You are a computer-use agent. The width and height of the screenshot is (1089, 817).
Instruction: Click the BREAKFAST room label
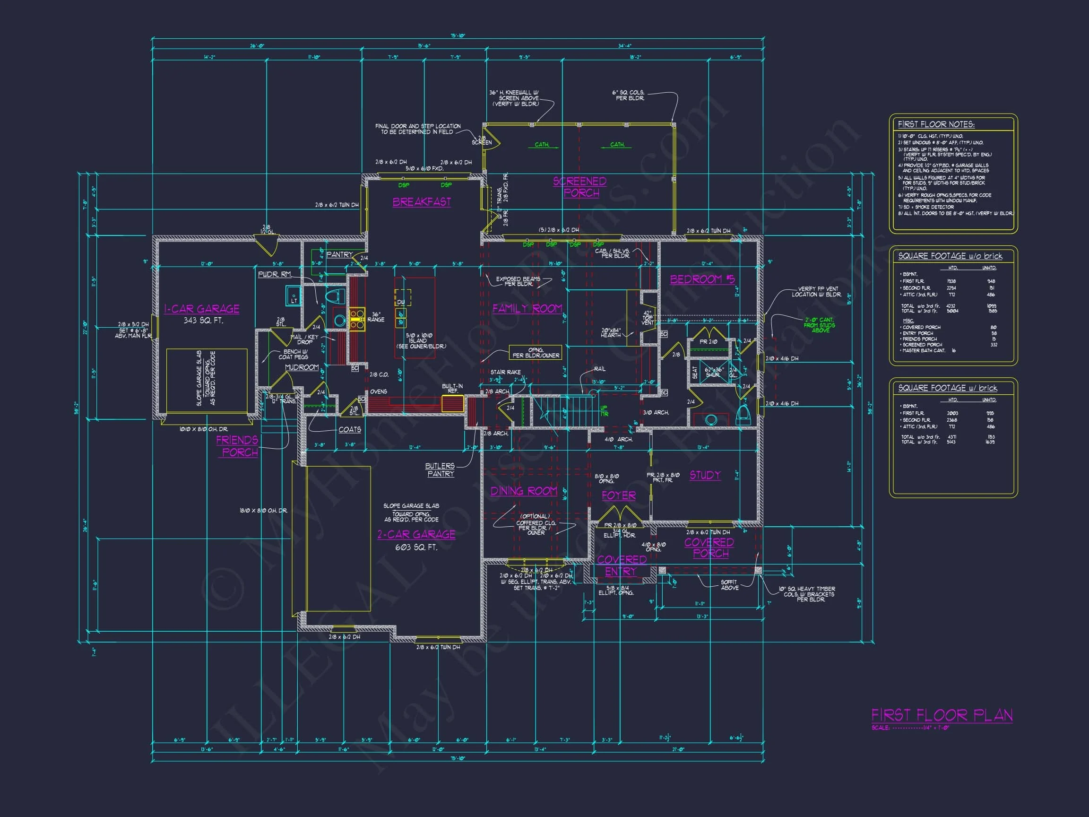point(422,202)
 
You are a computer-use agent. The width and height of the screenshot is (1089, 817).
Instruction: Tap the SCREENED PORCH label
point(580,187)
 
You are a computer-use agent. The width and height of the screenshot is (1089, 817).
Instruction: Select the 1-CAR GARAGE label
point(202,309)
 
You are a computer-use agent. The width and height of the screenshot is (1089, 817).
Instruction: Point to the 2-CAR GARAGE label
point(416,534)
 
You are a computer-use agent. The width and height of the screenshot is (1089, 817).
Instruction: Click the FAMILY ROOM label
point(527,309)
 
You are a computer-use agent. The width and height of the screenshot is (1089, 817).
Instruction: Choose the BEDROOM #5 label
point(702,279)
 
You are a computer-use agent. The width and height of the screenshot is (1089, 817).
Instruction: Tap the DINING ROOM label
point(524,491)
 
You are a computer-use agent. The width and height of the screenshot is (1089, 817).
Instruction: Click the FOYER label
point(618,495)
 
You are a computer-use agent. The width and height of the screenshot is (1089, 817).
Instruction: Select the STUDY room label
point(705,475)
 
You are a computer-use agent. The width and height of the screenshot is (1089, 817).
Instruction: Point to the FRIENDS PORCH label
point(238,446)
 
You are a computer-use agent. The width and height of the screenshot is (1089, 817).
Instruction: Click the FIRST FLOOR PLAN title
point(942,715)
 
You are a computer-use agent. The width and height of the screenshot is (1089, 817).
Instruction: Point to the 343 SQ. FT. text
point(202,321)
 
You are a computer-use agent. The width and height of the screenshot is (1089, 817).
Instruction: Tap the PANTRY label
point(340,255)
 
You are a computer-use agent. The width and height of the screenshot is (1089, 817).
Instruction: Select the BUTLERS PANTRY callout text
point(440,470)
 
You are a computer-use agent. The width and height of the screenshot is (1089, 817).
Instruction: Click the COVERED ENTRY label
point(621,565)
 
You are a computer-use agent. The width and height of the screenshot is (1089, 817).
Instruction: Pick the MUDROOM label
point(302,367)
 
